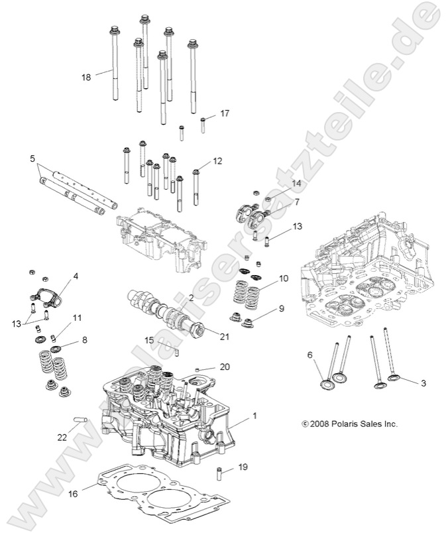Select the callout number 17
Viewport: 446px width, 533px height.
tap(225, 113)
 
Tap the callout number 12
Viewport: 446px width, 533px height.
tap(217, 161)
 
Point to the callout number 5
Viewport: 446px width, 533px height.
tap(32, 159)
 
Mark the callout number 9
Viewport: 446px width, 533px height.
tap(282, 308)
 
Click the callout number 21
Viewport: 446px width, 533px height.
tap(225, 337)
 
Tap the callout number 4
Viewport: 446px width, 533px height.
tap(76, 276)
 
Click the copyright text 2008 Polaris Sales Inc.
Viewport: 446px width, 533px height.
tap(349, 423)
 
